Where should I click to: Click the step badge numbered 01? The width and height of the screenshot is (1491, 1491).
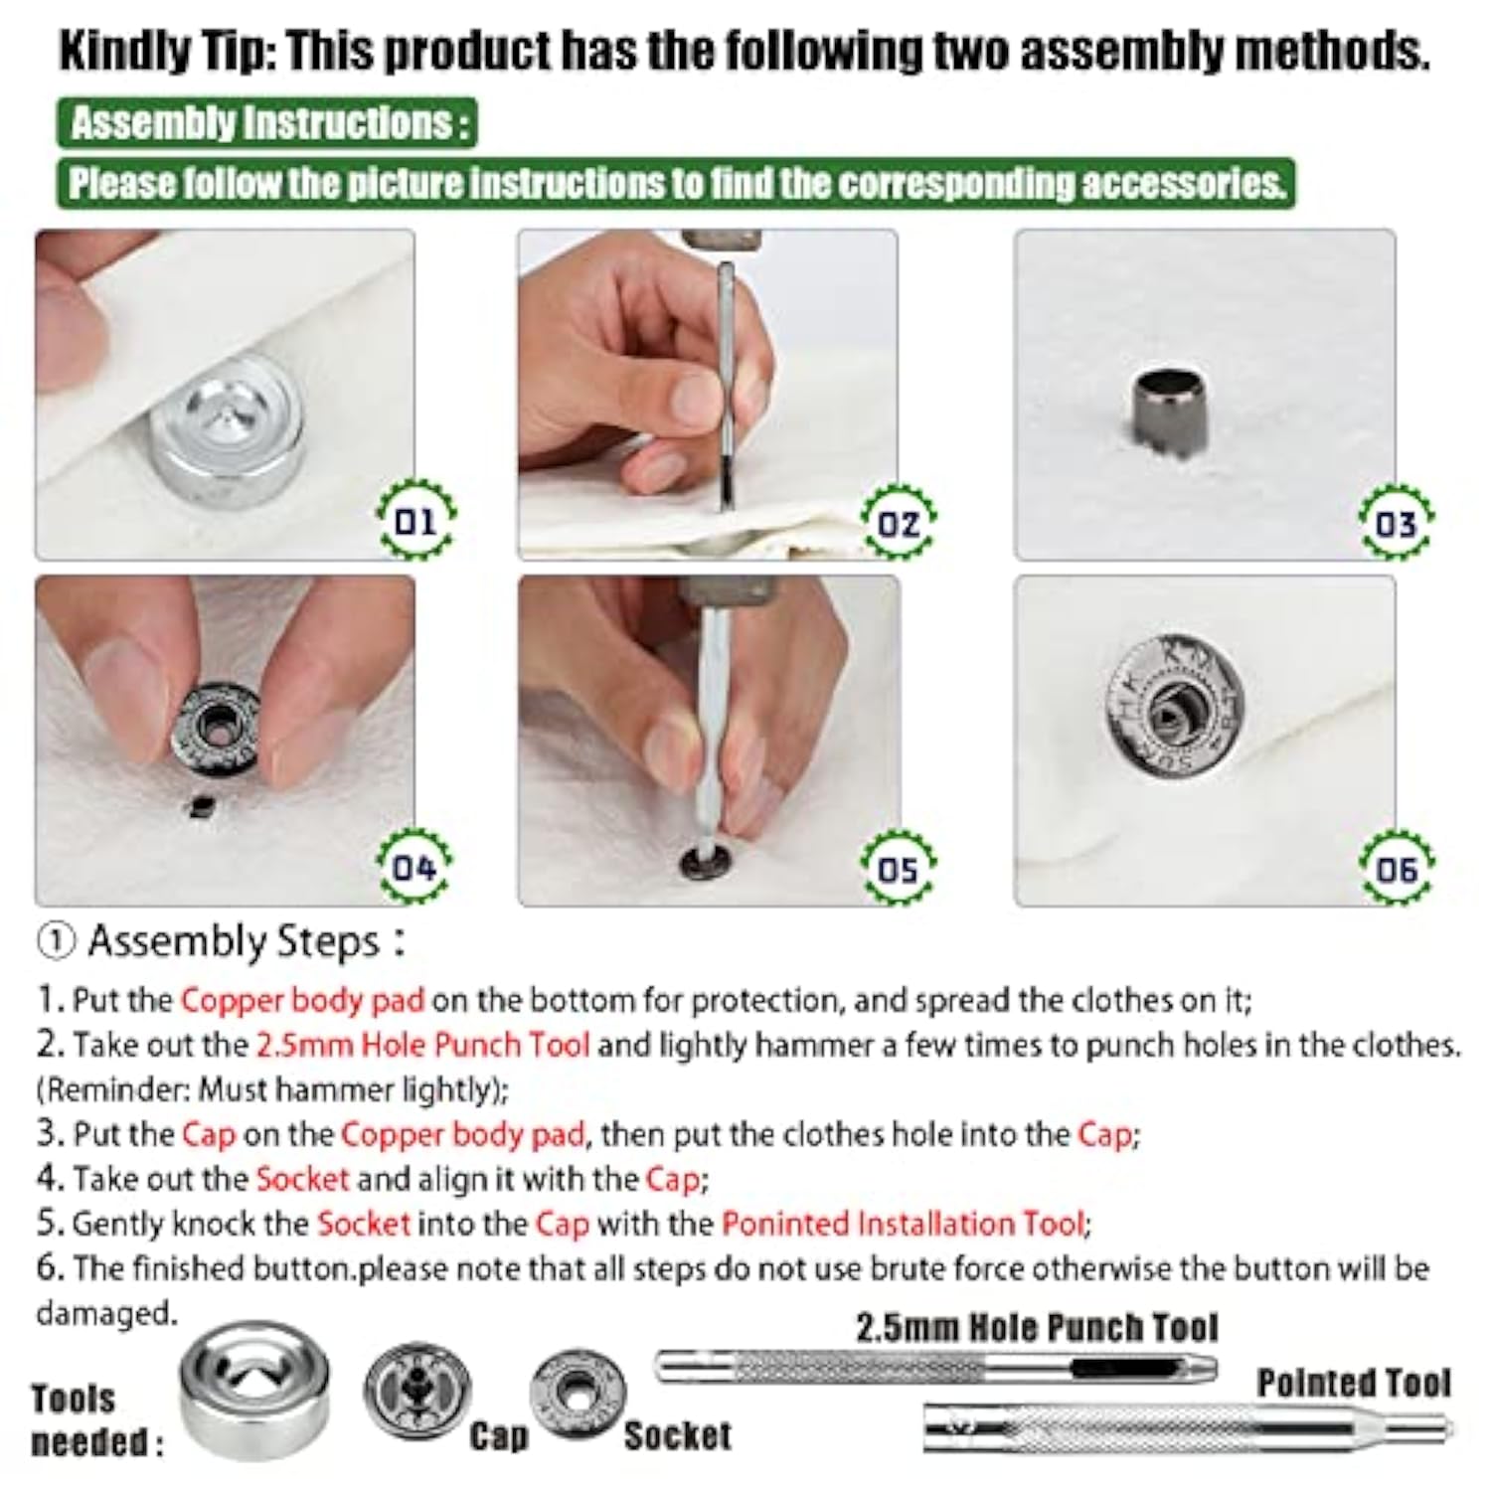tap(416, 520)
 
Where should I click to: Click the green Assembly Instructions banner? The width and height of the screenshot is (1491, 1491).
tap(266, 123)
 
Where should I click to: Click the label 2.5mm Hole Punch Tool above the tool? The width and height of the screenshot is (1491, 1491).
tap(1037, 1328)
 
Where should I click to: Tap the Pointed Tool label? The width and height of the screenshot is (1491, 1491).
tap(1354, 1383)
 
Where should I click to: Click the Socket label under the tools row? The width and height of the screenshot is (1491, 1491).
tap(678, 1435)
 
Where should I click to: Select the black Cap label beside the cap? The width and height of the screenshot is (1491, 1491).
tap(499, 1436)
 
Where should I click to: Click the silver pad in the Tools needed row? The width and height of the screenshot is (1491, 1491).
tap(254, 1389)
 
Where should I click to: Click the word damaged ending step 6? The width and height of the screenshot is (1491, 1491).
tap(105, 1313)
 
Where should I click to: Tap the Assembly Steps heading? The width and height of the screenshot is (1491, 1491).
tap(221, 941)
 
